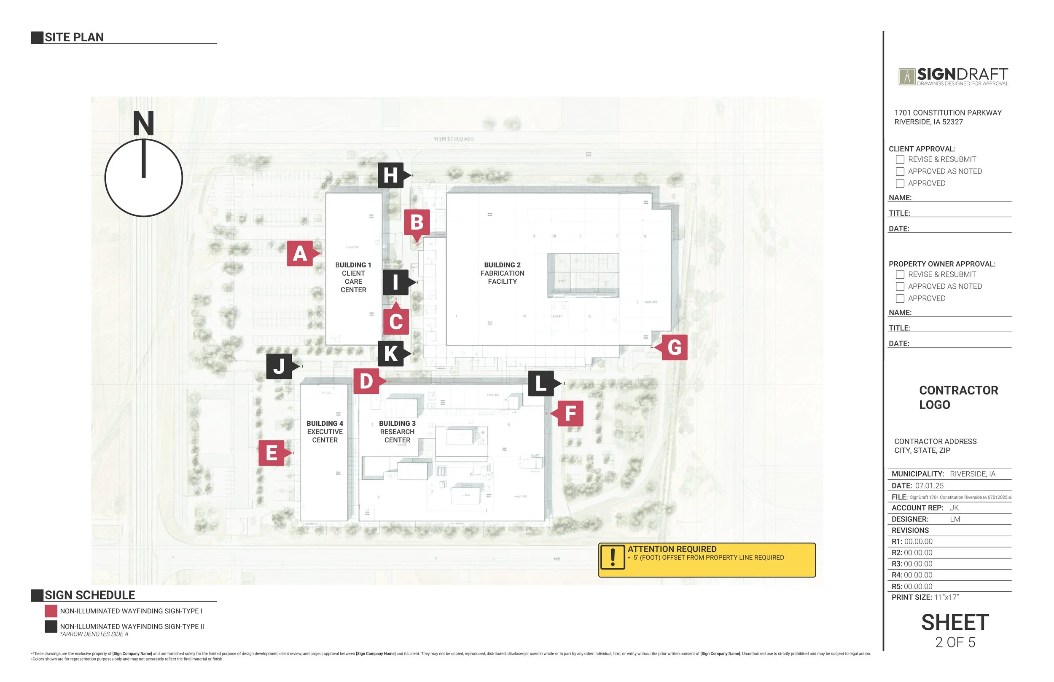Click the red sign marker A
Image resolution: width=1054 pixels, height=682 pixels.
[x=300, y=254]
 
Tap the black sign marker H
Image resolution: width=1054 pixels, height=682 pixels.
[x=390, y=175]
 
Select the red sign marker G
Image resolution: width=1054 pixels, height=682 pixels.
[x=675, y=347]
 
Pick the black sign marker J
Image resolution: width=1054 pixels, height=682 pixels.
[x=279, y=366]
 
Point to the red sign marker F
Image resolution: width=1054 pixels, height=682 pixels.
[x=570, y=413]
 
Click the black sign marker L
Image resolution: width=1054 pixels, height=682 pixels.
[x=541, y=384]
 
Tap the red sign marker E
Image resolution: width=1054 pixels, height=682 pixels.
[x=272, y=453]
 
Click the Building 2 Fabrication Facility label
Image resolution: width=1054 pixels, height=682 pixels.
[x=502, y=273]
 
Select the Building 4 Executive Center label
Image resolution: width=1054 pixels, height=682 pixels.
[x=325, y=432]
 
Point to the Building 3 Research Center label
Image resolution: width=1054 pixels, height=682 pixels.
[x=397, y=432]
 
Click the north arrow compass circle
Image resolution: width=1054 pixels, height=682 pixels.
[x=144, y=177]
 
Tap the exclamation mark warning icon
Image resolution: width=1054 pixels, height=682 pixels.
[x=613, y=557]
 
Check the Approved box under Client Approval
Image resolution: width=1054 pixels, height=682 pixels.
[x=900, y=183]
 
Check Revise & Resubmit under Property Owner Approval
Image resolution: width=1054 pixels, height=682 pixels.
[x=900, y=274]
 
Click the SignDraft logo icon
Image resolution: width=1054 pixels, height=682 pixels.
[x=906, y=77]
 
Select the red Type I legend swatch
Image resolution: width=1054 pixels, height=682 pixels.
[x=51, y=611]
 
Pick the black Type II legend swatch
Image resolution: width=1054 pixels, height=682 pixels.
[x=51, y=627]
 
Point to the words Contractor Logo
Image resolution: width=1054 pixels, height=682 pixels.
[x=958, y=397]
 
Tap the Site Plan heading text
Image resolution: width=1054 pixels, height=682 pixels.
[x=74, y=37]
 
